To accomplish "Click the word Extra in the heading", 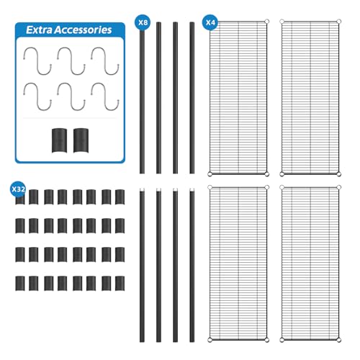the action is click(38, 30).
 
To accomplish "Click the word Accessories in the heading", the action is click(83, 30).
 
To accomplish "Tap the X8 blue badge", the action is click(143, 22).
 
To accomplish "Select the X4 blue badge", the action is click(210, 22).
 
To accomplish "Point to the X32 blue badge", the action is click(18, 189).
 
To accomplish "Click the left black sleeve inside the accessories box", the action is click(59, 140).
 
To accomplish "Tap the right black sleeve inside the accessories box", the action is click(81, 140).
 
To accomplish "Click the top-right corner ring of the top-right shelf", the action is click(338, 22).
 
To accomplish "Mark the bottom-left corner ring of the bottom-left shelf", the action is click(210, 340).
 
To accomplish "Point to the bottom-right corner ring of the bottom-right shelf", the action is click(338, 340).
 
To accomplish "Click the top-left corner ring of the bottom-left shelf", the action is click(210, 187).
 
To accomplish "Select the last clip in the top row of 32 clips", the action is click(120, 197).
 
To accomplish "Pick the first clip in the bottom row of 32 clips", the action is click(20, 284).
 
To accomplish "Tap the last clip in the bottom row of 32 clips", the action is click(120, 284).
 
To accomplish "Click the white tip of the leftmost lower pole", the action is click(142, 190).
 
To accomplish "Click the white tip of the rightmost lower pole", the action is click(192, 190).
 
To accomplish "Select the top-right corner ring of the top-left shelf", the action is click(266, 22).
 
